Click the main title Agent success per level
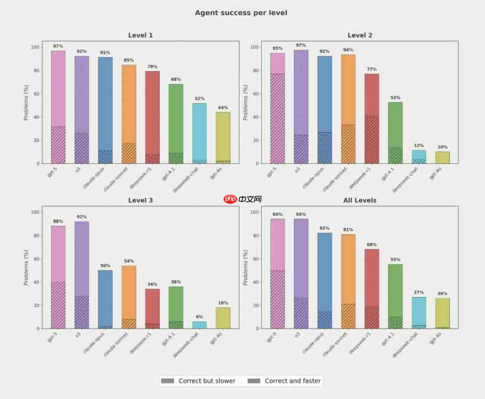pos(241,13)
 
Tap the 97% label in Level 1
pos(58,46)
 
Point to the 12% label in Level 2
pos(419,145)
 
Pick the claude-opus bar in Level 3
pos(105,299)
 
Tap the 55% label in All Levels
pos(395,260)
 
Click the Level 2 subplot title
pos(360,35)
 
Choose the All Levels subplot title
pos(360,200)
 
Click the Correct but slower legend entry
pos(198,381)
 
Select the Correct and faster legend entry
pos(284,381)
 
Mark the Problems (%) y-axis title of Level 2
pos(246,102)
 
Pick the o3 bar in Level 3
pos(82,275)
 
